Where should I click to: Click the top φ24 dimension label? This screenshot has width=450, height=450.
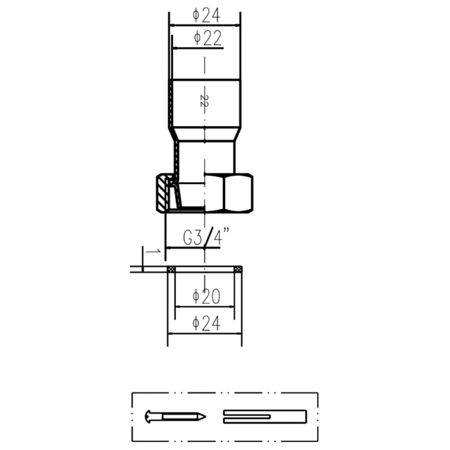pos(206,16)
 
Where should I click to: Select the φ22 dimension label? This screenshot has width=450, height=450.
pos(208,38)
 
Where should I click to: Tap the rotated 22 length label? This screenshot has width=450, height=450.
pos(204,101)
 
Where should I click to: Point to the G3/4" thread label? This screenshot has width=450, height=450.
pos(206,237)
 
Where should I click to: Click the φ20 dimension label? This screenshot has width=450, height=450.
pos(206,296)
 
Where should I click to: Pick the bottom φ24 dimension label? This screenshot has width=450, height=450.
pos(206,323)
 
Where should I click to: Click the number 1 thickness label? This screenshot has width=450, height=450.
pos(153,251)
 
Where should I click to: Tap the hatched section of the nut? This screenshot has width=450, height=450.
pos(162,193)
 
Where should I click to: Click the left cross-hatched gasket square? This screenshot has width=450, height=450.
pos(172,269)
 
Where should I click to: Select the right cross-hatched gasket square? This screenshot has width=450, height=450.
pos(238,269)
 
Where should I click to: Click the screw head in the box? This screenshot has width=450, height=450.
pos(148,417)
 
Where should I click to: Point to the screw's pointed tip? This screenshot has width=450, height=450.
pos(206,417)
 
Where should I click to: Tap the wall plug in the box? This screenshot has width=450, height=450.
pos(265,417)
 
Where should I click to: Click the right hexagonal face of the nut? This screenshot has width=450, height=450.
pos(238,193)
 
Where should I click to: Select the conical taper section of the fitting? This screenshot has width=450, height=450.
pos(204,134)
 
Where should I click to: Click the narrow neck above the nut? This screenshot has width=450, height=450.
pos(204,157)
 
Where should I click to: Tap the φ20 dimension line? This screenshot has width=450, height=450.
pos(205,307)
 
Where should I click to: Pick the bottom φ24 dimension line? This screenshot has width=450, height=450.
pos(205,334)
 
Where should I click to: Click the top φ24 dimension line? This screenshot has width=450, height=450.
pos(205,25)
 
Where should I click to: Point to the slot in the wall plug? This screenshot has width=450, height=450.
pos(246,417)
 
